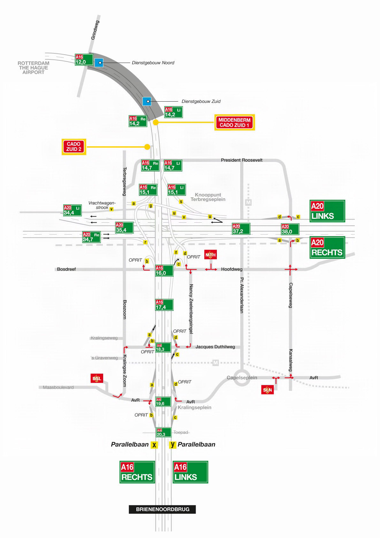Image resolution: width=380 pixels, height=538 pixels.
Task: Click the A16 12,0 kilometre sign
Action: [84, 60]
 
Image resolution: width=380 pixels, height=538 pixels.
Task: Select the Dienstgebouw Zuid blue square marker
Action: [147, 102]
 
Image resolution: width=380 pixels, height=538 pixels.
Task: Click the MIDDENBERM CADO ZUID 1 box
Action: [235, 122]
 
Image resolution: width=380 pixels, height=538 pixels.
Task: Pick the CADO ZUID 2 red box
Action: [74, 147]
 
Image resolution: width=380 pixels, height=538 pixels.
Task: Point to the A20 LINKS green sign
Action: [327, 211]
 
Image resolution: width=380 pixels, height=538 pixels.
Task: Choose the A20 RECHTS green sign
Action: [327, 247]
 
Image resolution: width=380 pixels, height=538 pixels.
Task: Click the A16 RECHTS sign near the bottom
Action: [137, 472]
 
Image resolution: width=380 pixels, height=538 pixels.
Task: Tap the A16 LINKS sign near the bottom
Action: [190, 472]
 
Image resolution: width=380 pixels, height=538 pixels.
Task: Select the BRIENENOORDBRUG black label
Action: [162, 509]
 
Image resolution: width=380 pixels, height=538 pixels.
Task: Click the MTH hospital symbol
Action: [210, 255]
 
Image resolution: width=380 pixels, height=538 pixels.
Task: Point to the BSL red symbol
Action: [96, 379]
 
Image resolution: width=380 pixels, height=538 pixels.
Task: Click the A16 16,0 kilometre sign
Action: [164, 271]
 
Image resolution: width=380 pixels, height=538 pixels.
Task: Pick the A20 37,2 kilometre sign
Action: [241, 229]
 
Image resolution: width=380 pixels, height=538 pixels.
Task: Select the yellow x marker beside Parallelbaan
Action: [155, 445]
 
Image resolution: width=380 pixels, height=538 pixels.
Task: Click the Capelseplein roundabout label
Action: [242, 377]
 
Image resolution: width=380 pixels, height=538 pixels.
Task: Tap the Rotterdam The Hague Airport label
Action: [34, 67]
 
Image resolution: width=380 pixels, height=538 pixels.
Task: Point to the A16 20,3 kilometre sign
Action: [163, 432]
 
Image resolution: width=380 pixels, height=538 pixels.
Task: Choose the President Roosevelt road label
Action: [242, 160]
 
